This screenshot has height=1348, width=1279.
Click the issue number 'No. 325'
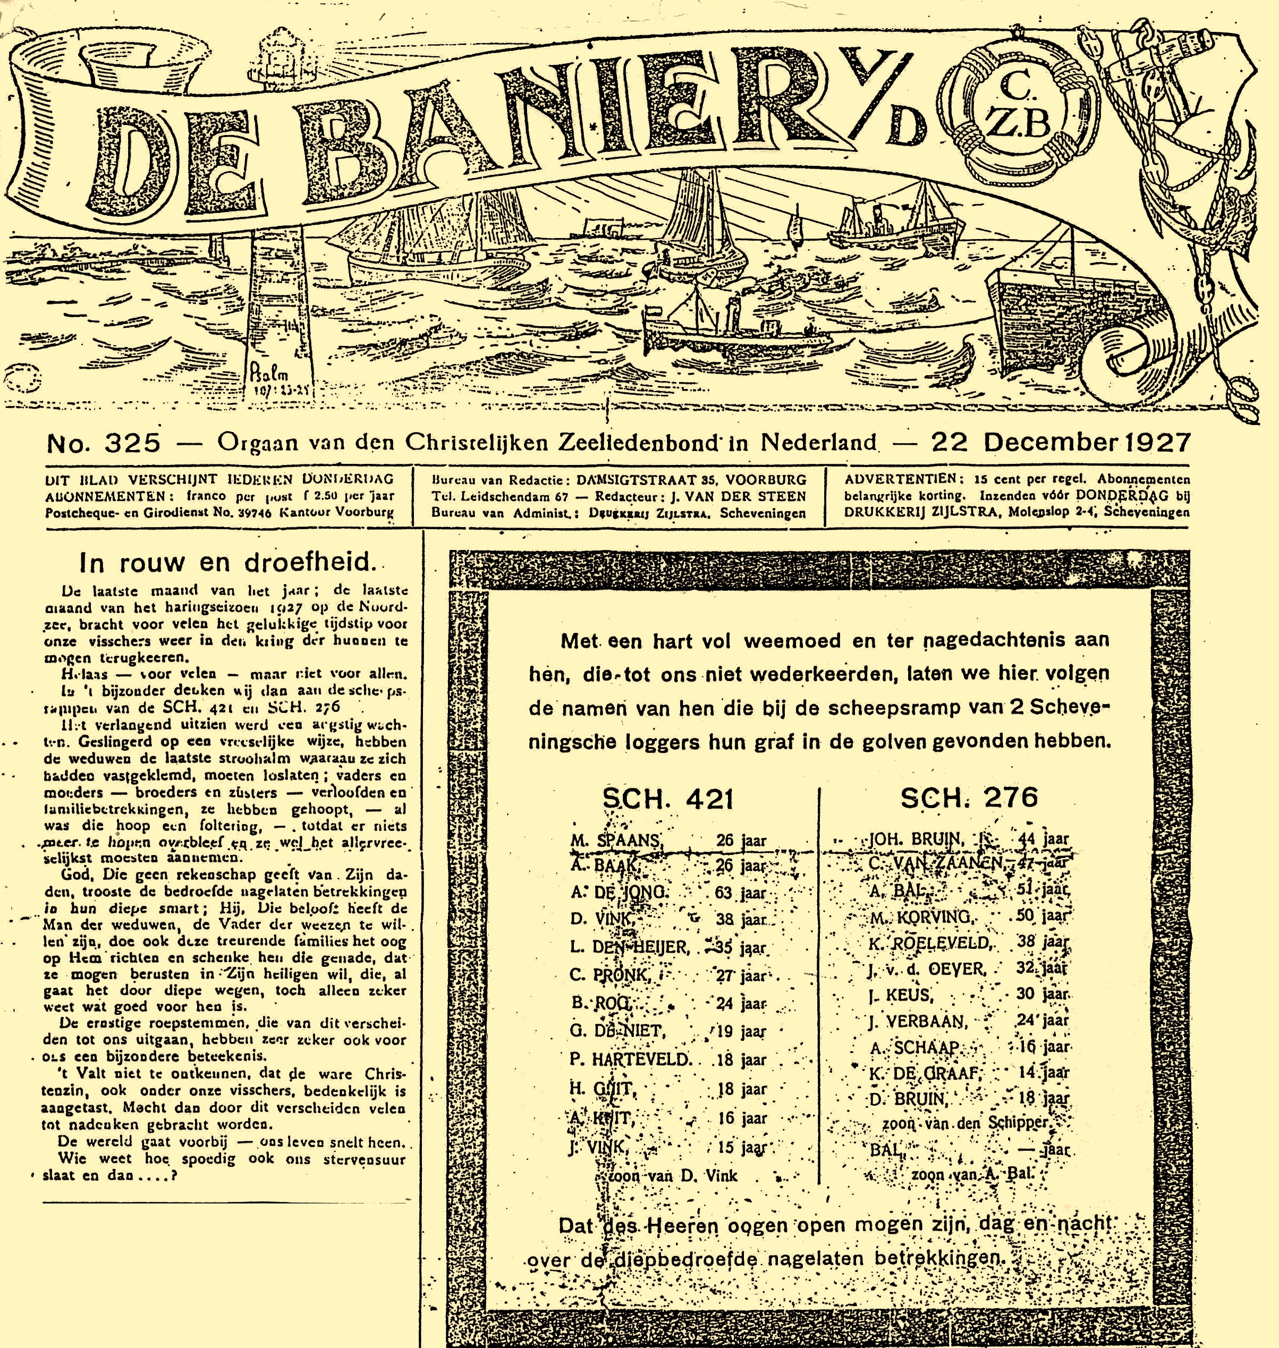pos(104,443)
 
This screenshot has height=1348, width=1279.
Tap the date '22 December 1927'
pos(1060,443)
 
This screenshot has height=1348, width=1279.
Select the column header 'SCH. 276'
pos(969,797)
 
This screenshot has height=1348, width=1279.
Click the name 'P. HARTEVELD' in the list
pos(631,1059)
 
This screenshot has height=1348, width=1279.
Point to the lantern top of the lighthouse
pos(282,51)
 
